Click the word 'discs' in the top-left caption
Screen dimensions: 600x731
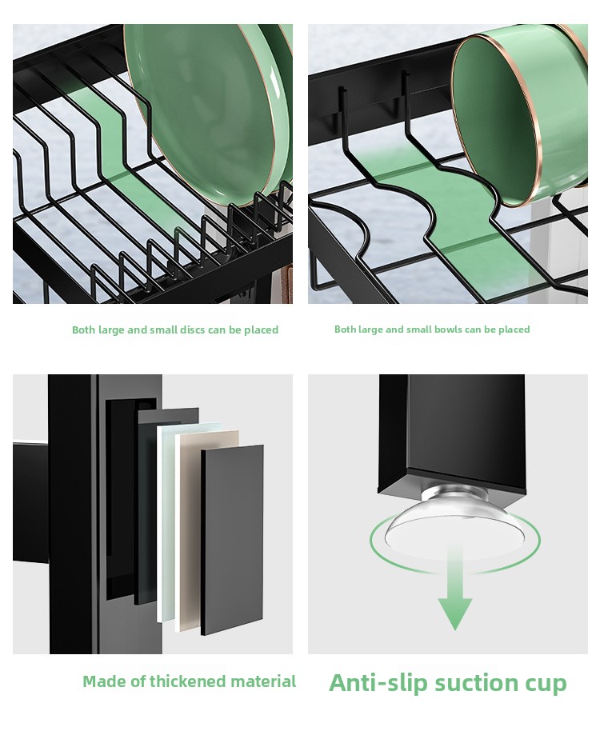pos(193,330)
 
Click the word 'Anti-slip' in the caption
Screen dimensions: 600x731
pos(378,682)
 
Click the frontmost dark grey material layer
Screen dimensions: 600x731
pos(232,539)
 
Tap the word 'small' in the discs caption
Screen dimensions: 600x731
pos(164,330)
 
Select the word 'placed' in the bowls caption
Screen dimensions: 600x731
pos(514,330)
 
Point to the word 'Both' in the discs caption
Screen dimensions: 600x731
pos(84,330)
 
